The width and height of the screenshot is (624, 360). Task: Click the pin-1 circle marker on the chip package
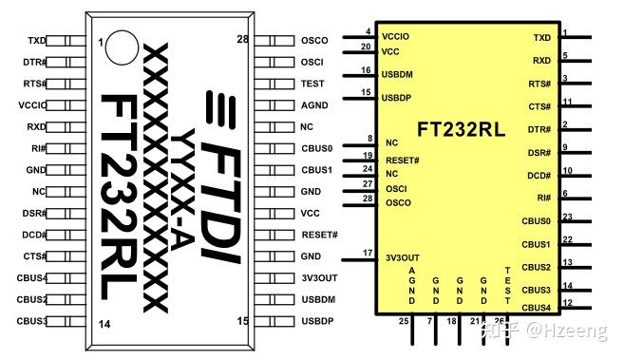point(120,45)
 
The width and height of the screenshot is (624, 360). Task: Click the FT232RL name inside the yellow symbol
point(461,127)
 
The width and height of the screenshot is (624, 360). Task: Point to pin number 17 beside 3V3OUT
point(367,252)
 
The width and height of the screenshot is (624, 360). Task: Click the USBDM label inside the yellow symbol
point(398,74)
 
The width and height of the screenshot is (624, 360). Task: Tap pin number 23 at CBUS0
point(566,217)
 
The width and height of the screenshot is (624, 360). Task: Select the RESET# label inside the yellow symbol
point(403,159)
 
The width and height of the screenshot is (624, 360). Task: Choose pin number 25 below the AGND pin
point(404,321)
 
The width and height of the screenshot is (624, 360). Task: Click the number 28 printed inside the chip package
point(242,40)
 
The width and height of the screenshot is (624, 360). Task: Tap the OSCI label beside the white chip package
point(312,62)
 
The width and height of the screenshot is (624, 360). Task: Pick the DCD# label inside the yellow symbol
point(538,175)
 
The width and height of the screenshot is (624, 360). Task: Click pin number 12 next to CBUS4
point(566,302)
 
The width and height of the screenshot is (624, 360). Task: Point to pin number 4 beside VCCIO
point(368,31)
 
